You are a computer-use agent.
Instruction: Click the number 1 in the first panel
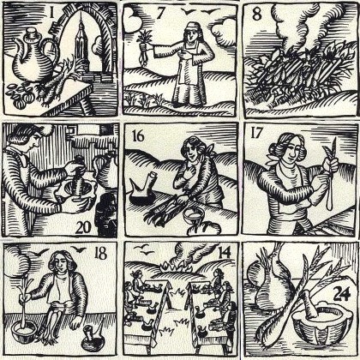pos(51,12)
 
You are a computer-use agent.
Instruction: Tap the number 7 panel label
pos(160,14)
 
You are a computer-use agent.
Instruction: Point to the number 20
pos(83,227)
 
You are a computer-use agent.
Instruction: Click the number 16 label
pos(138,135)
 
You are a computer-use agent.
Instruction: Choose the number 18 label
pos(101,253)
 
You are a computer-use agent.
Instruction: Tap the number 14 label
pos(225,253)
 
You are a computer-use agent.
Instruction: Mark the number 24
pos(341,293)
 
